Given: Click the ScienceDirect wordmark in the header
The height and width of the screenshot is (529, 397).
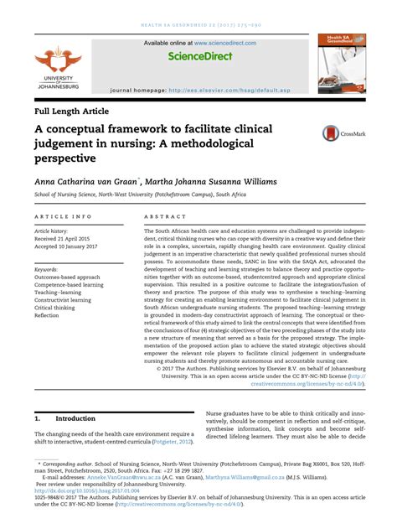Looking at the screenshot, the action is (198, 57).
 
